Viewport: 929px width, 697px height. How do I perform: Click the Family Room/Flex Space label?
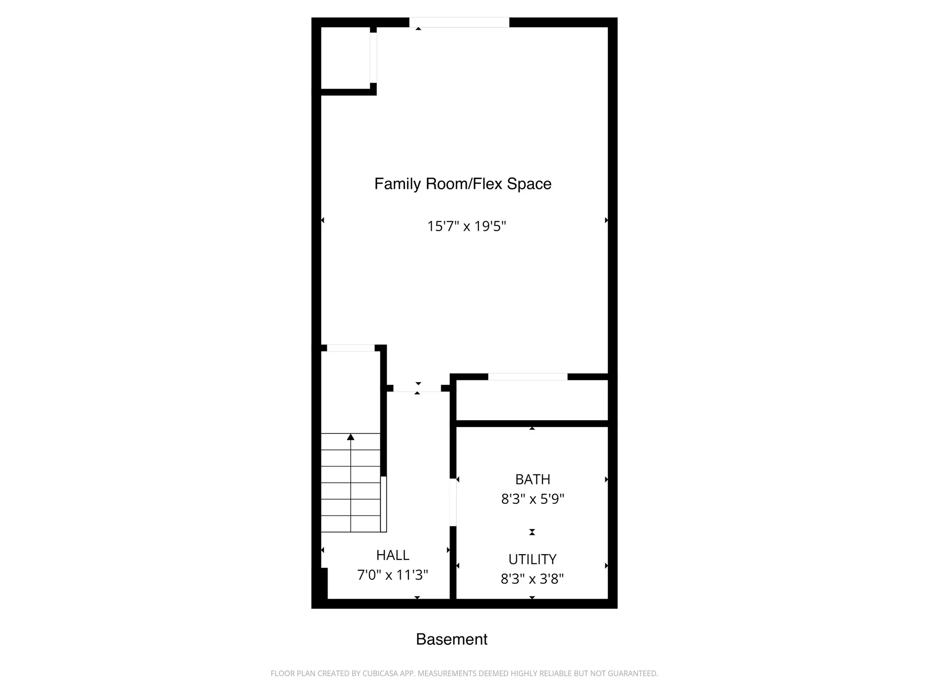pyautogui.click(x=463, y=184)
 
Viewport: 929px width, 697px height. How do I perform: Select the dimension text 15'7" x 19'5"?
pyautogui.click(x=466, y=226)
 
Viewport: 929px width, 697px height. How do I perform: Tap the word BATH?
pyautogui.click(x=532, y=479)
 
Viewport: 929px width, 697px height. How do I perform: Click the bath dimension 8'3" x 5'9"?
pyautogui.click(x=532, y=499)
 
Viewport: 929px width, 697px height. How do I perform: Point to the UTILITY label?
pyautogui.click(x=532, y=559)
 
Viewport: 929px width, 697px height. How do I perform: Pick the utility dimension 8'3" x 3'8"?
pyautogui.click(x=532, y=578)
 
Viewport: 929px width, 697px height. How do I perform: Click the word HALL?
pyautogui.click(x=392, y=555)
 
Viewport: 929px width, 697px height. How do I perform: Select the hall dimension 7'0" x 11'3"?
pyautogui.click(x=392, y=575)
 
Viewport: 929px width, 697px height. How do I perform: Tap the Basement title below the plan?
pyautogui.click(x=451, y=639)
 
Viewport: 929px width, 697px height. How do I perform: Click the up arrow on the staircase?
pyautogui.click(x=351, y=438)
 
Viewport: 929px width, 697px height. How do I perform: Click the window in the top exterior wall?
pyautogui.click(x=459, y=22)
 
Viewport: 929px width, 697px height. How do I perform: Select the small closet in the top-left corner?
pyautogui.click(x=345, y=58)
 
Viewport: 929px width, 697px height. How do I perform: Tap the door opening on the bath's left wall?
pyautogui.click(x=453, y=502)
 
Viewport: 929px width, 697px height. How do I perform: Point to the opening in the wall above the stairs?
pyautogui.click(x=351, y=348)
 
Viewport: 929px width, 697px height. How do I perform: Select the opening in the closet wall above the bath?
pyautogui.click(x=527, y=377)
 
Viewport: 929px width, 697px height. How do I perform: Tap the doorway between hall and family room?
pyautogui.click(x=417, y=388)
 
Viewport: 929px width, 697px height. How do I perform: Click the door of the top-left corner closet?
pyautogui.click(x=373, y=58)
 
